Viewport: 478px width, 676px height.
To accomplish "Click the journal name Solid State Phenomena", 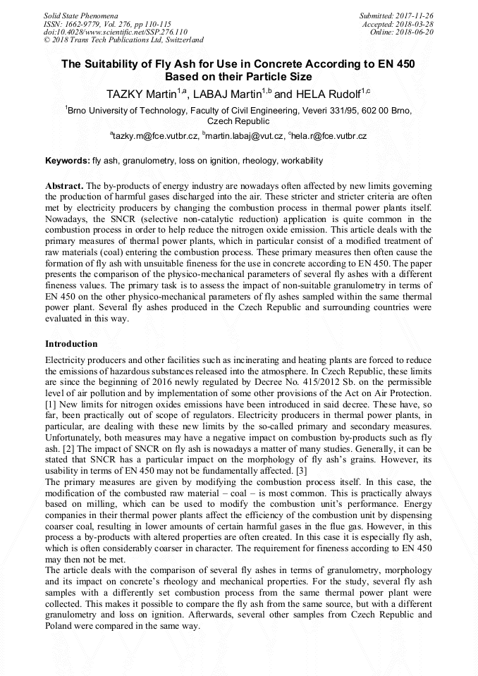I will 80,15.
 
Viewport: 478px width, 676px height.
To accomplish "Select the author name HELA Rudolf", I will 324,94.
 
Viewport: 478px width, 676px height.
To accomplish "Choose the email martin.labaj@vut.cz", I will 245,135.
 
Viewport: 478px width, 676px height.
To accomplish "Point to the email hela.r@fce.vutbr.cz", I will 328,135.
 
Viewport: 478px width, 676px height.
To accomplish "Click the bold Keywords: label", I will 68,161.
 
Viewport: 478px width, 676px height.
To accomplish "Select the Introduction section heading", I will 71,344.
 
